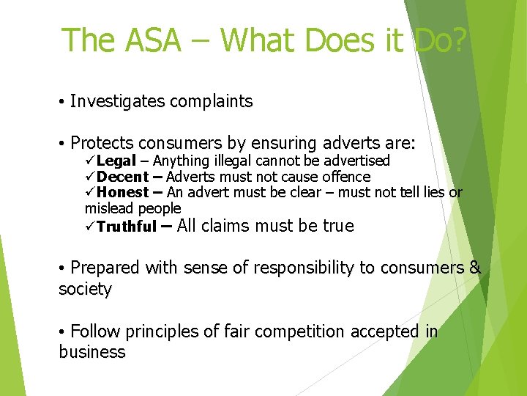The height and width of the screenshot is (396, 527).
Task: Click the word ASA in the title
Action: [144, 40]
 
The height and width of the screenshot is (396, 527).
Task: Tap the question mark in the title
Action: [455, 40]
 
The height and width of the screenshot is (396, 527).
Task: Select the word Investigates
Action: [118, 102]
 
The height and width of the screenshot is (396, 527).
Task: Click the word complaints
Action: [212, 102]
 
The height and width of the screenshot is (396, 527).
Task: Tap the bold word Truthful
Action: [127, 227]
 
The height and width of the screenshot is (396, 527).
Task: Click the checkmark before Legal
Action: [90, 161]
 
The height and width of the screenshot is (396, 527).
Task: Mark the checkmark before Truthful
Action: [90, 227]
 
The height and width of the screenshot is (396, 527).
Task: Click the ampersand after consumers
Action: [475, 268]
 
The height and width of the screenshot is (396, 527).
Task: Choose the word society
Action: [85, 289]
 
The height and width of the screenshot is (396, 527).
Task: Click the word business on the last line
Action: [91, 352]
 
